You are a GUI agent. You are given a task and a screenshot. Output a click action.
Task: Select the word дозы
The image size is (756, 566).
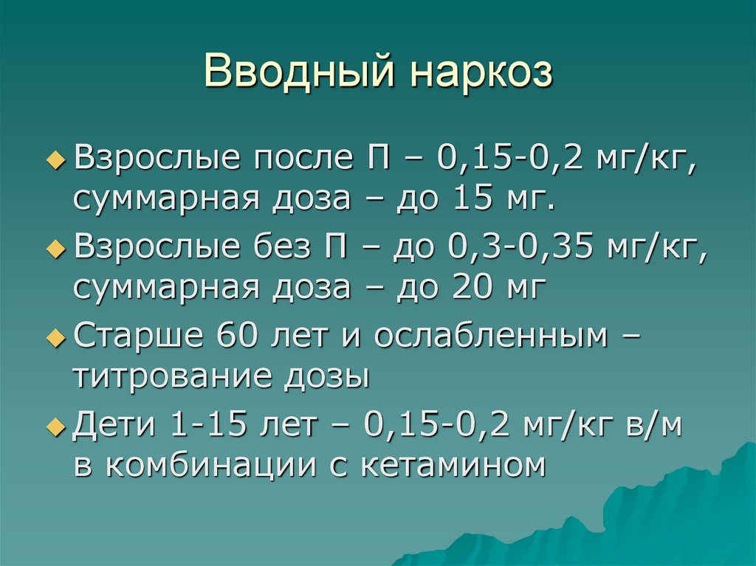[325, 376]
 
